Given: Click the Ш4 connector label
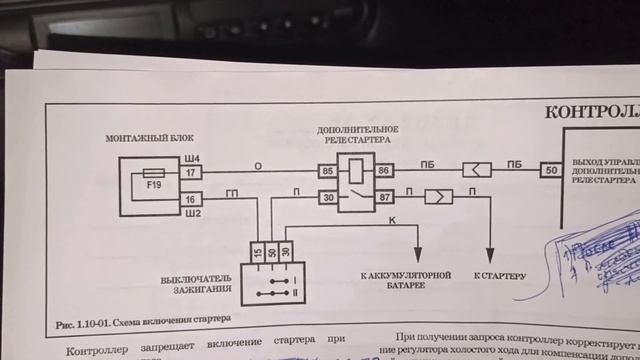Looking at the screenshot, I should point(194,158).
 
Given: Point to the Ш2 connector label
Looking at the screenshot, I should point(194,213).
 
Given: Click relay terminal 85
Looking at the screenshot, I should point(326,172).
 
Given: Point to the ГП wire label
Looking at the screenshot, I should point(232,190).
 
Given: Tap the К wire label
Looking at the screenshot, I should point(391,219).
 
